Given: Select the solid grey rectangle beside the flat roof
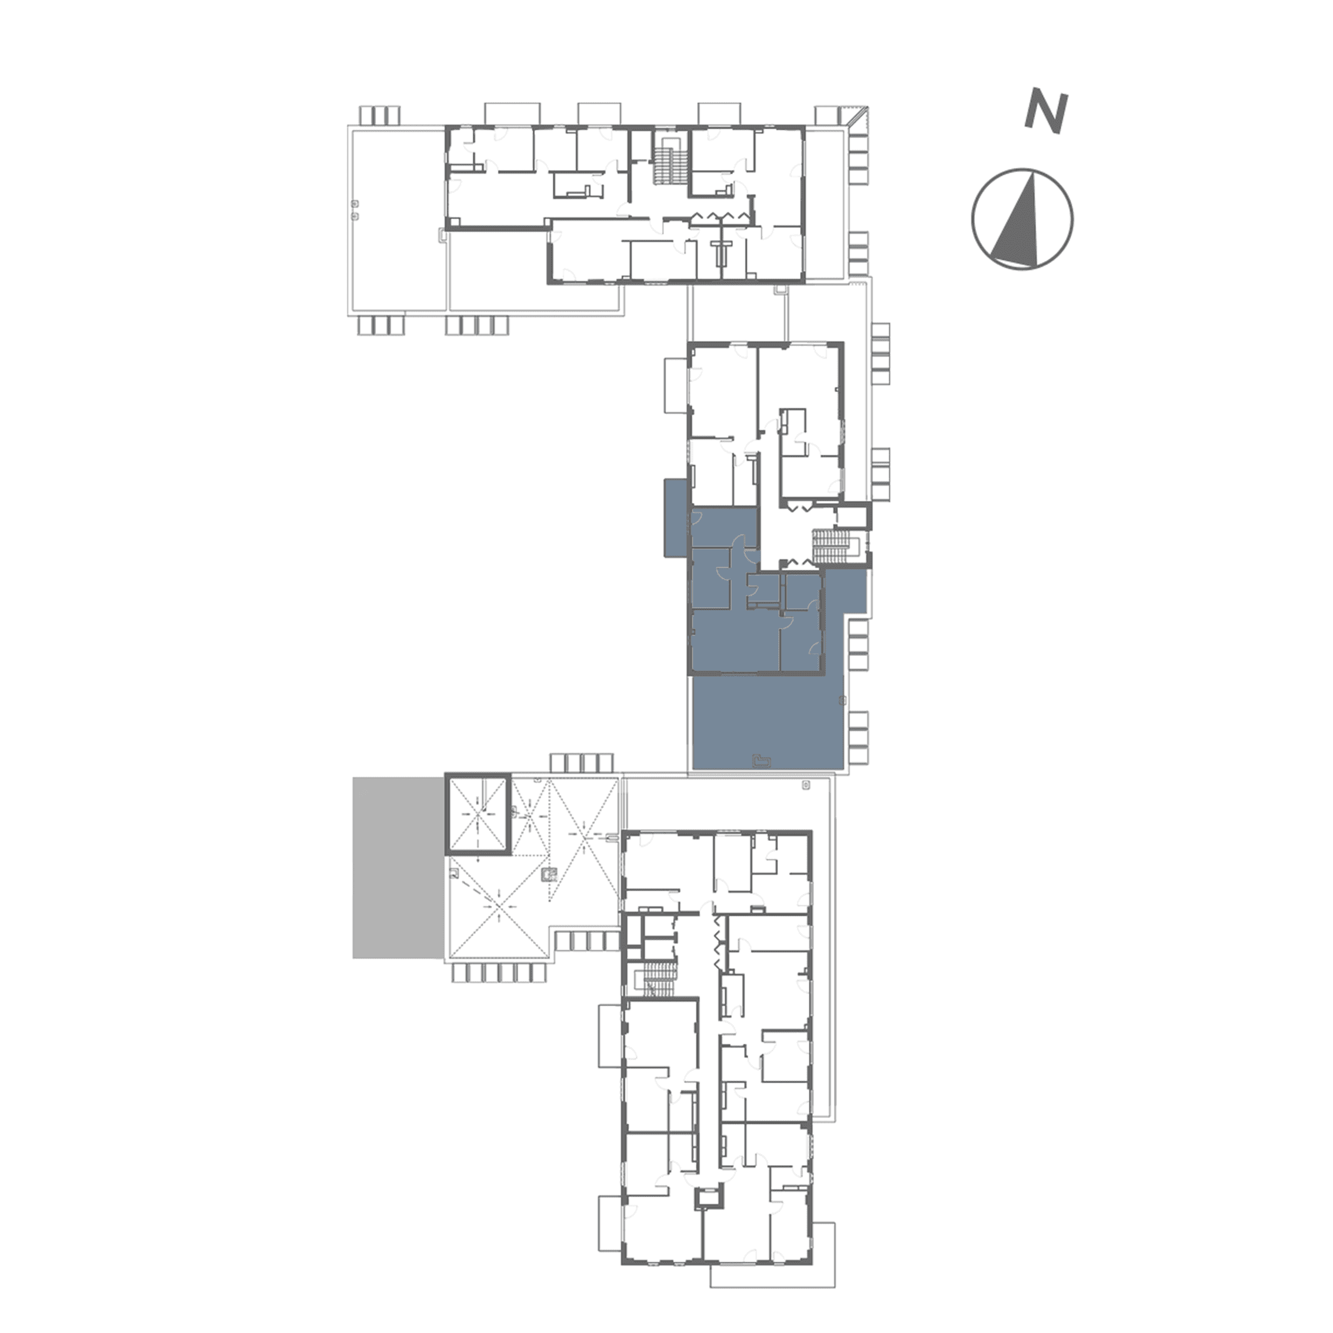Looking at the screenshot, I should pyautogui.click(x=397, y=867).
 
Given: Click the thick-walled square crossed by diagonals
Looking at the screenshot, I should pyautogui.click(x=477, y=815).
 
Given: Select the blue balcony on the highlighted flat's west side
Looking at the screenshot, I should pyautogui.click(x=676, y=518).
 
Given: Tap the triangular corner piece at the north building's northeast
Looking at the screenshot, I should pyautogui.click(x=859, y=117).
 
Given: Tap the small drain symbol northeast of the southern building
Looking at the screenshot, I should pyautogui.click(x=806, y=785).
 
